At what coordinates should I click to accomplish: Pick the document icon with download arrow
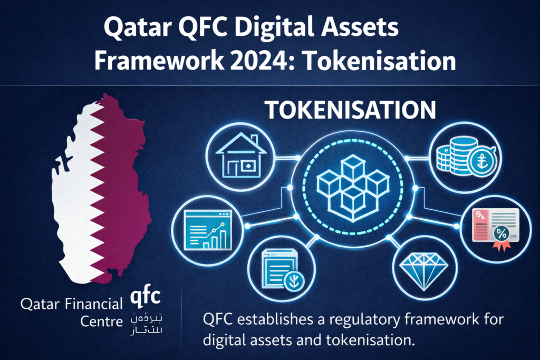279,269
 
